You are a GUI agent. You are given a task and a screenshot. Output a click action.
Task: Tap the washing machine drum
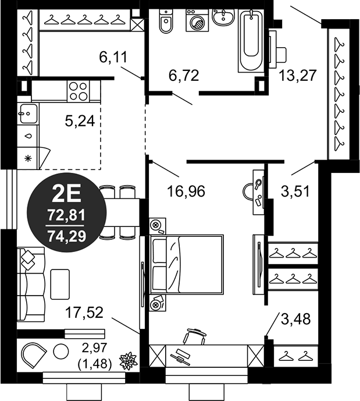click(x=198, y=23)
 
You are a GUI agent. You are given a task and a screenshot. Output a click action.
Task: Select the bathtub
click(x=251, y=40)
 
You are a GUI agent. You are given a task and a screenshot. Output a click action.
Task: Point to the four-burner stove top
click(x=79, y=91)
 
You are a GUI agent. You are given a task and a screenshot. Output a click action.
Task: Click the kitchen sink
click(x=27, y=114)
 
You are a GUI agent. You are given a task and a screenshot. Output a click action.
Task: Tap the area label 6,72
click(x=184, y=76)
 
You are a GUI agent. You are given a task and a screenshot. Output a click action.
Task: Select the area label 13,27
click(x=298, y=76)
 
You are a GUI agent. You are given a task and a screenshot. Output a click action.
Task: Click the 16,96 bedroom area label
click(x=186, y=191)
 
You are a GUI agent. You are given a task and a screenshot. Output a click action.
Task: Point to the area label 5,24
click(x=80, y=121)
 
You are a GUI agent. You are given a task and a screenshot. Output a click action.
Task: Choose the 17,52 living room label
click(x=84, y=313)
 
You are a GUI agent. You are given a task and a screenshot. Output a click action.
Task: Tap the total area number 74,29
click(x=67, y=237)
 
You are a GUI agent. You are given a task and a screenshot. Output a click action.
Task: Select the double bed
click(x=187, y=264)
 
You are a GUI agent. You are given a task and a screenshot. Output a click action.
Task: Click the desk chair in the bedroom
click(x=194, y=336)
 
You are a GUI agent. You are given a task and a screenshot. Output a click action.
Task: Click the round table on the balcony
click(x=61, y=352)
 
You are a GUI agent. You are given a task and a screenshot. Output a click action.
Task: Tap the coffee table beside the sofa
click(x=60, y=284)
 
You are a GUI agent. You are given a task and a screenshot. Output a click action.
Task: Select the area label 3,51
click(x=295, y=191)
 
